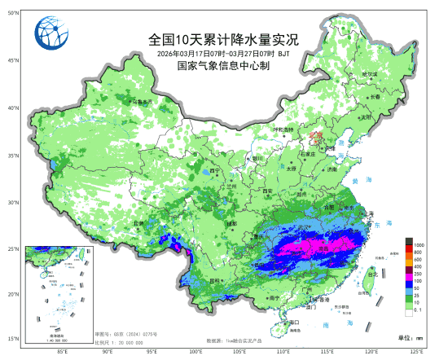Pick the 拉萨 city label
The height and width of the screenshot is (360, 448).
tap(138, 222)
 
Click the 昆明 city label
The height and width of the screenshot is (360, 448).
tap(214, 280)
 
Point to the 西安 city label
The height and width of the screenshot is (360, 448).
tap(266, 191)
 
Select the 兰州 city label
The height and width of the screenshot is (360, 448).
tap(232, 187)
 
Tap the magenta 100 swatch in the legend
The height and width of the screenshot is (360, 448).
tap(408, 281)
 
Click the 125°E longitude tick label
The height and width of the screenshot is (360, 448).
tap(416, 352)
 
